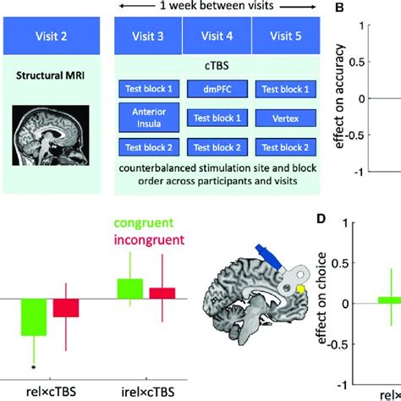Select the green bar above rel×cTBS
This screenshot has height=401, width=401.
pos(34,318)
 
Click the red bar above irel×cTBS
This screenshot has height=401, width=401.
pos(162,293)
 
